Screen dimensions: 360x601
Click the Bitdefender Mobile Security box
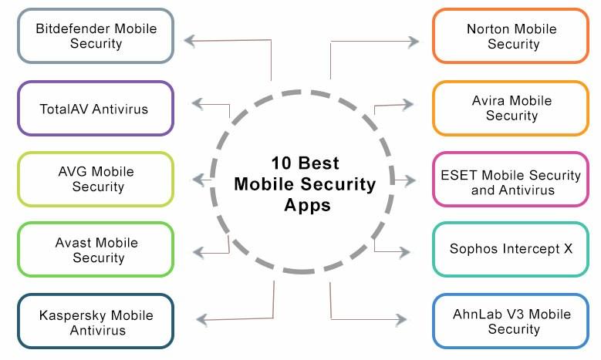tap(96, 36)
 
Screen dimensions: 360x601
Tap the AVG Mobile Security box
tap(96, 179)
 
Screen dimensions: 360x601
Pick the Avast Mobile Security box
tap(96, 250)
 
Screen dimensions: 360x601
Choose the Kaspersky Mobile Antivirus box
tap(96, 323)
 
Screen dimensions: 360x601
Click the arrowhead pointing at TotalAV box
tap(198, 103)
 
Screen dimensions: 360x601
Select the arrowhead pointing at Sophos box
tap(403, 251)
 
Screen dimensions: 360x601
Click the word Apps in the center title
tap(306, 206)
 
